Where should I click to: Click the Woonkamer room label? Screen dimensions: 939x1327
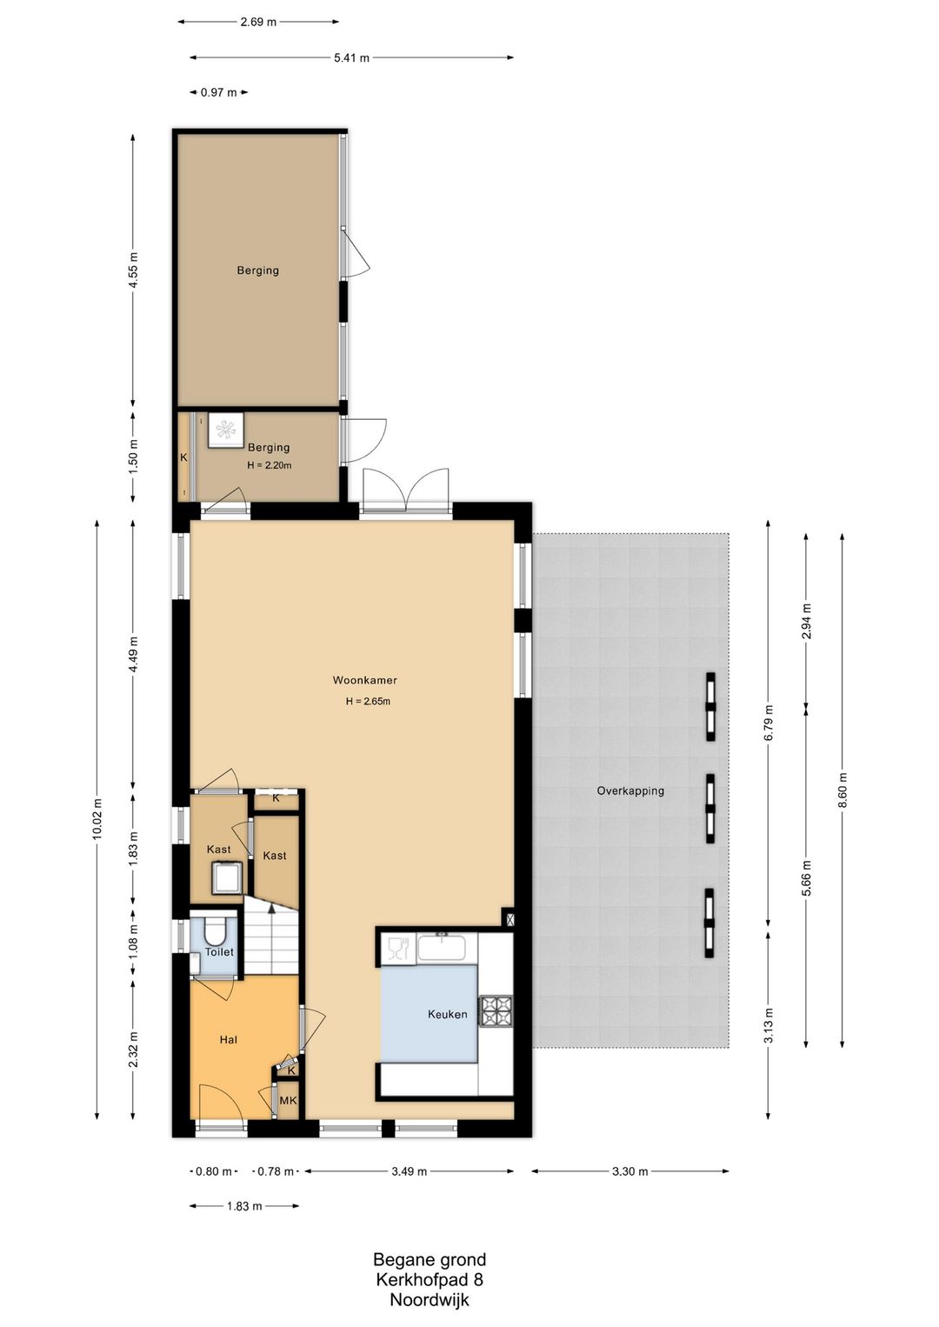[x=364, y=680]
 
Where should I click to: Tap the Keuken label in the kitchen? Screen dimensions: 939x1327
[x=447, y=1014]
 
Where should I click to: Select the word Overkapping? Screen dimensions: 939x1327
[x=630, y=790]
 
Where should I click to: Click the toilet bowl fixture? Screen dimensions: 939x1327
[x=214, y=932]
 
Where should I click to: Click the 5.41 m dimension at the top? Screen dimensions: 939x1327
[x=352, y=57]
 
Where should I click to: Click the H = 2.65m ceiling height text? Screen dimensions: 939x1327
[x=368, y=702]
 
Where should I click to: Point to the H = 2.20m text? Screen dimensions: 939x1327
[x=269, y=465]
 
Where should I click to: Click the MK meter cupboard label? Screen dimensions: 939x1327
[x=288, y=1101]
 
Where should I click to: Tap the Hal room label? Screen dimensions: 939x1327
[x=228, y=1040]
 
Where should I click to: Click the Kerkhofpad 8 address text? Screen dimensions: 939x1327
[x=430, y=1280]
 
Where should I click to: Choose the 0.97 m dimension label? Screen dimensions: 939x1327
[x=218, y=92]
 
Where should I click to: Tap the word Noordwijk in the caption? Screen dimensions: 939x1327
[x=430, y=1301]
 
